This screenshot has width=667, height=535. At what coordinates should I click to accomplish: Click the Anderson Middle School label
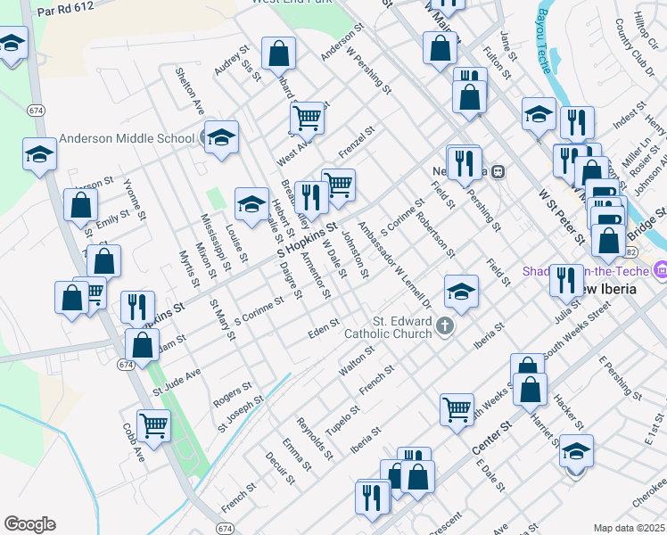127,138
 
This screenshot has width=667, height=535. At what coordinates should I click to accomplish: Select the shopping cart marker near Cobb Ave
154,425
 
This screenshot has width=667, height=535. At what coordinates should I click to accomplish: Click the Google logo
29,524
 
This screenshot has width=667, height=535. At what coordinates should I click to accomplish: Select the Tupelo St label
342,418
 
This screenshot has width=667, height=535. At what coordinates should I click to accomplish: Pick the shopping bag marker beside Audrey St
278,53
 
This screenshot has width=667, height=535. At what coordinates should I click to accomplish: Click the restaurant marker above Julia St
565,280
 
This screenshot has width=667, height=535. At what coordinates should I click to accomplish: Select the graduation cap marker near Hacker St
576,451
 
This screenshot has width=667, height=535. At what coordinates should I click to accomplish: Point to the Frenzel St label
356,143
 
